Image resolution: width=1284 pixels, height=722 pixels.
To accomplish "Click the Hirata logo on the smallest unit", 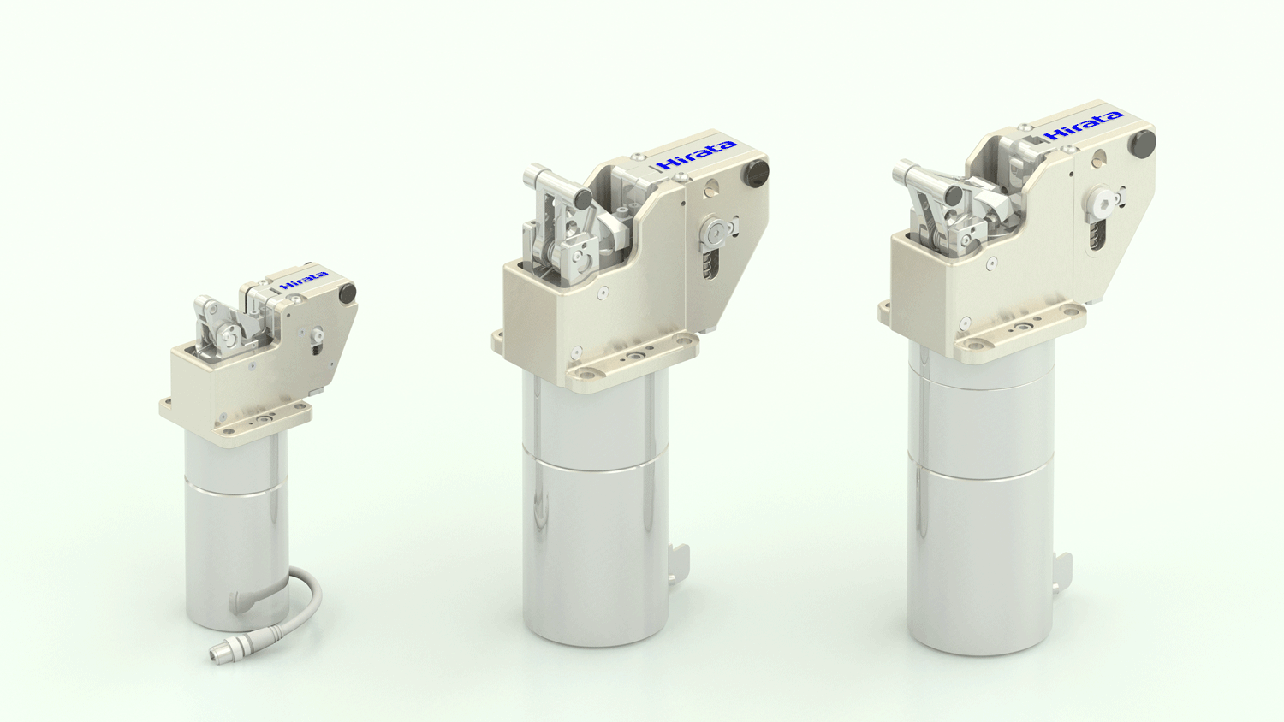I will click(304, 279).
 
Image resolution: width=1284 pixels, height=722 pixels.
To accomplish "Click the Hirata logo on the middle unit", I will click(696, 155).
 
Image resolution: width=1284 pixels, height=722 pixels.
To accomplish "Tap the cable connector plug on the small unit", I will click(220, 654).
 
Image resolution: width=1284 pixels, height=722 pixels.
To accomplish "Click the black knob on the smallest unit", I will click(347, 293).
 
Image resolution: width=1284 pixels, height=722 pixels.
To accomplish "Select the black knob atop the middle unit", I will click(755, 175).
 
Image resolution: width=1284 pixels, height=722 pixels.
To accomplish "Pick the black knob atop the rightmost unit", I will click(1141, 143).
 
